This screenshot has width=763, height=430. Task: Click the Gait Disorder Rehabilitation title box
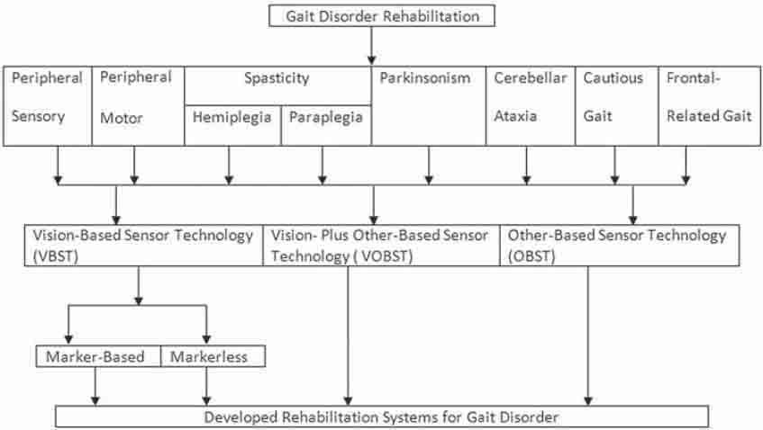click(382, 15)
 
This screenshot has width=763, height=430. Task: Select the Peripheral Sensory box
click(48, 106)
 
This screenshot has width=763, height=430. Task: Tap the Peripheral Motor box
click(138, 106)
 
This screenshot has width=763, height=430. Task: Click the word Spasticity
click(277, 77)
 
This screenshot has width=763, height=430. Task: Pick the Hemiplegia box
click(233, 125)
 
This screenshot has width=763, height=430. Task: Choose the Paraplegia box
click(326, 125)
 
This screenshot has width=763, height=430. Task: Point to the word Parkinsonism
click(425, 77)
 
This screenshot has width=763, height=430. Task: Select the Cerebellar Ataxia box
click(531, 106)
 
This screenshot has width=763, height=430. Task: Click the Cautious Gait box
click(617, 106)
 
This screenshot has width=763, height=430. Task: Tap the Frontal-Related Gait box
click(710, 106)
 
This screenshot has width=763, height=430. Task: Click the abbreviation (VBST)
click(56, 256)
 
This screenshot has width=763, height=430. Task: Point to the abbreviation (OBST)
click(531, 256)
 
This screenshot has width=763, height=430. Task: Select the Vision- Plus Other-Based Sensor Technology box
click(382, 246)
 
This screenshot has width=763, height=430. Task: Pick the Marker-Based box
click(98, 356)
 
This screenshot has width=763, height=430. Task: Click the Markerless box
click(213, 356)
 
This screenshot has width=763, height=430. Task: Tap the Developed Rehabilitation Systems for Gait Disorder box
click(382, 417)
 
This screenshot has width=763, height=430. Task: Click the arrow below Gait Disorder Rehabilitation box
click(372, 46)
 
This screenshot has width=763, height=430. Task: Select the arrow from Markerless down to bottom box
click(207, 386)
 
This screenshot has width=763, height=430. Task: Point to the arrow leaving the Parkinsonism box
click(429, 166)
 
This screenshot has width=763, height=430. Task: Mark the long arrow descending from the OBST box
click(588, 336)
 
